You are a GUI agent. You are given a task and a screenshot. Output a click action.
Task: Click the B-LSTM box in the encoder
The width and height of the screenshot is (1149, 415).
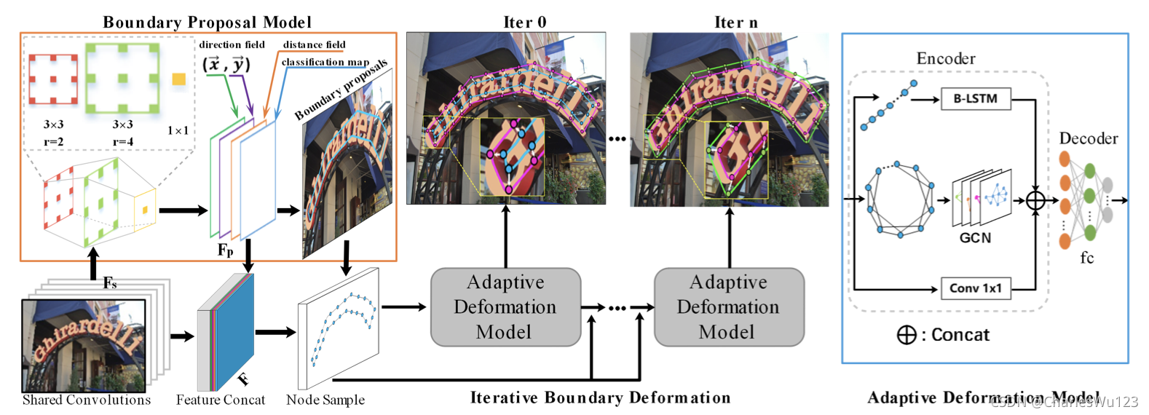975,99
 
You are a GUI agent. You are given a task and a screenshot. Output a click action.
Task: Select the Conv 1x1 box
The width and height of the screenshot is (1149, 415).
975,288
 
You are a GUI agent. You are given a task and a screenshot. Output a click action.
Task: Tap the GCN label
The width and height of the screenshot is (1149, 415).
975,238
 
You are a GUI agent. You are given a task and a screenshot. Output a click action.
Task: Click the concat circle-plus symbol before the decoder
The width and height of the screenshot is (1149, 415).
1035,200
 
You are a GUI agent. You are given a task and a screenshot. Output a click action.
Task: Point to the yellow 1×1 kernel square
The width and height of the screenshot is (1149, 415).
178,79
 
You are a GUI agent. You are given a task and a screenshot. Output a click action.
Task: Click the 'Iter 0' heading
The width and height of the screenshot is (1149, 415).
524,23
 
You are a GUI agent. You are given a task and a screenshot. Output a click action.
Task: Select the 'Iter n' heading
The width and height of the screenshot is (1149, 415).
735,23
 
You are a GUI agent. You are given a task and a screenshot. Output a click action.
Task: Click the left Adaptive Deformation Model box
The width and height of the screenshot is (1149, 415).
505,307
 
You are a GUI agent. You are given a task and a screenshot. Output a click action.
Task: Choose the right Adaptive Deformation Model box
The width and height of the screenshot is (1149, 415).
728,307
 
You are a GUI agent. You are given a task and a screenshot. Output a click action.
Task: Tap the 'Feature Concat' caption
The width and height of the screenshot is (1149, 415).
221,400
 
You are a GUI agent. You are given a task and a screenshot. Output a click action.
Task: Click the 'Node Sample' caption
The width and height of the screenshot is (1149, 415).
325,400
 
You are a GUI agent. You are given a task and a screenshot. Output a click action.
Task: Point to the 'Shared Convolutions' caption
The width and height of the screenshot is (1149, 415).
87,400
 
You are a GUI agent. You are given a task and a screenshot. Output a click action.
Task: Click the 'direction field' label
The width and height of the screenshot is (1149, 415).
232,44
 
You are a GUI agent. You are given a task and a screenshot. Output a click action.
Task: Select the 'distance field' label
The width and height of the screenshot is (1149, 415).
314,44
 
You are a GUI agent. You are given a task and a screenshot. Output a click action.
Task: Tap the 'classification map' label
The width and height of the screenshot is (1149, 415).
325,62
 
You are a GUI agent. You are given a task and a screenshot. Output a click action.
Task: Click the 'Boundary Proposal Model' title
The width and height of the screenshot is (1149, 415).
207,23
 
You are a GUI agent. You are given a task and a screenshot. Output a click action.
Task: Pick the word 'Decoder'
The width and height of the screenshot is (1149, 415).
1088,138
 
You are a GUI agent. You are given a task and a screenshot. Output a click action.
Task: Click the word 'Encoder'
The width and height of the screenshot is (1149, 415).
945,58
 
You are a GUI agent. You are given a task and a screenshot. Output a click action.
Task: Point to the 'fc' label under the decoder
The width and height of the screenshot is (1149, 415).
1086,258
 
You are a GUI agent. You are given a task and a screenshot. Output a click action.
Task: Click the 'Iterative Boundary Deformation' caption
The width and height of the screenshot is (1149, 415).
600,398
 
